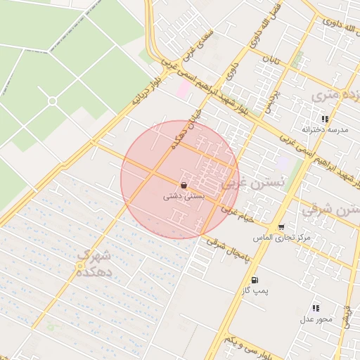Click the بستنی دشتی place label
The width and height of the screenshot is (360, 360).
(184, 197)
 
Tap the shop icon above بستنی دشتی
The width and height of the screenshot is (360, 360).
(184, 186)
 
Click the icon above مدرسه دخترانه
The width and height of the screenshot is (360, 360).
(325, 119)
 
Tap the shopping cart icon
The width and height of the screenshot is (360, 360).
(282, 227)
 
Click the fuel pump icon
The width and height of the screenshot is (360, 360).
(254, 278)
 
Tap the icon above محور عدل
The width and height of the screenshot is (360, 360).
(316, 308)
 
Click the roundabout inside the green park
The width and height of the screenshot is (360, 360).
(52, 101)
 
